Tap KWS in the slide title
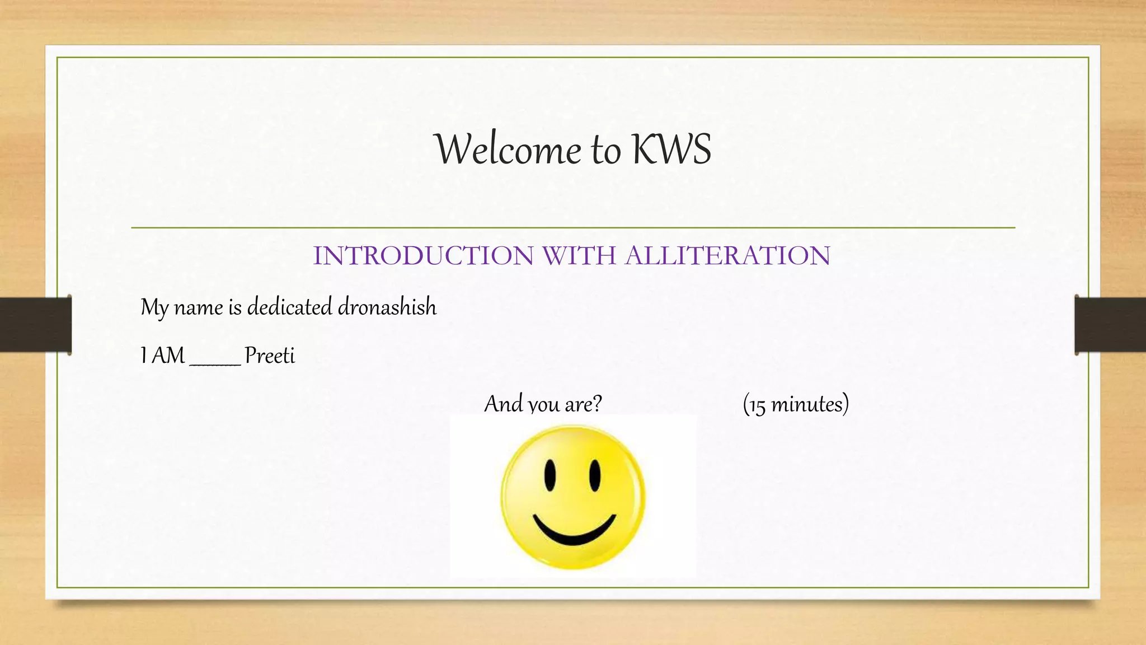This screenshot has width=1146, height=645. pos(671,149)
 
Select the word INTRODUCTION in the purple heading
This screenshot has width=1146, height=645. pos(423,256)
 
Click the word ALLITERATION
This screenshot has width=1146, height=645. pos(727,256)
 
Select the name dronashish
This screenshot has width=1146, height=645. pos(387,307)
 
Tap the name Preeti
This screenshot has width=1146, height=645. pos(270,356)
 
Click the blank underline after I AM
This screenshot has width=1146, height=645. pos(215,363)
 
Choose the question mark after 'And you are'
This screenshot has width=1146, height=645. pos(597,404)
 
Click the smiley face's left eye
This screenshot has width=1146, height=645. pos(551,475)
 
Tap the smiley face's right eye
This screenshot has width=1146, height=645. pos(595,475)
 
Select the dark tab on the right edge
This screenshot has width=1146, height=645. pos(1110,325)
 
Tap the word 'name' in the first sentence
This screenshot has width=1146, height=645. pos(199,307)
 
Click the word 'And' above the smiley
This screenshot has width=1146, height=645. pos(503,404)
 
